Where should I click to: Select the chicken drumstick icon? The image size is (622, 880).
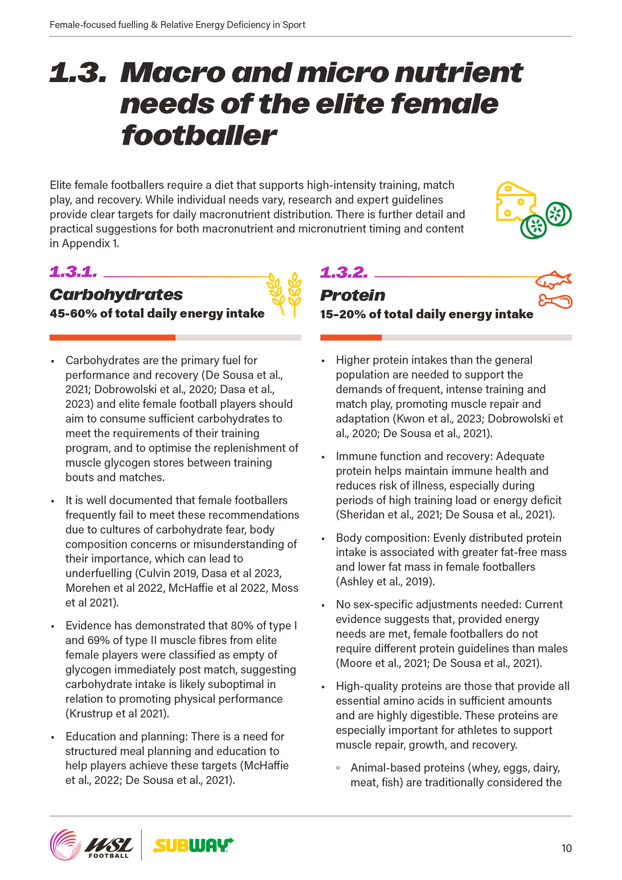[x=555, y=301]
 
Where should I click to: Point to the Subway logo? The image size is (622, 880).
[x=193, y=845]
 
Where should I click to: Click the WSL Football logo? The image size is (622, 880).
[x=92, y=844]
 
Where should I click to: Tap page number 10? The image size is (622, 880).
[x=566, y=848]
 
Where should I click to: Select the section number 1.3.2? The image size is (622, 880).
[x=344, y=272]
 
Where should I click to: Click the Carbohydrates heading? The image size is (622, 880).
[x=116, y=294]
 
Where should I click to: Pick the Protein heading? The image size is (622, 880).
[x=352, y=295]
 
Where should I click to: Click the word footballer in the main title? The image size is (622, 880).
[x=198, y=136]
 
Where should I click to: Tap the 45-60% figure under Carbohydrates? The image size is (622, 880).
[x=72, y=313]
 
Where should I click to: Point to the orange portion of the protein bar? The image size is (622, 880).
[x=351, y=337]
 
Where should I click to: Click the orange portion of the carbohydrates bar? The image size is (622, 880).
[x=112, y=337]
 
